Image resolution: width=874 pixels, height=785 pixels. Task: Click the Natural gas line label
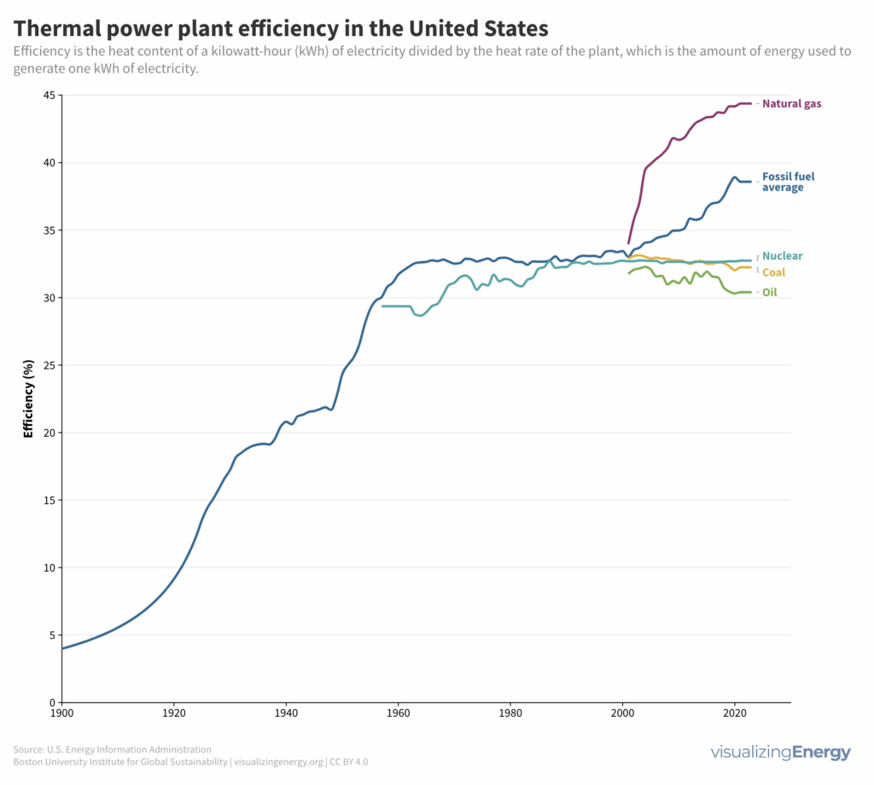[x=791, y=104]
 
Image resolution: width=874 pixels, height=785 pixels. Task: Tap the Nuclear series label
[x=782, y=256]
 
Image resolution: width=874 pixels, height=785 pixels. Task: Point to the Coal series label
[x=773, y=273]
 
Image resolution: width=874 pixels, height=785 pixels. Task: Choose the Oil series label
[x=769, y=293]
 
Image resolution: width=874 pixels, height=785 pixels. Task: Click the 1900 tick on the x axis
[x=61, y=712]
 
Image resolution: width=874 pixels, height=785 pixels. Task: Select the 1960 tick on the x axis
[x=398, y=712]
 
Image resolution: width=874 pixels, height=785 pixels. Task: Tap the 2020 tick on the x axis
[x=734, y=712]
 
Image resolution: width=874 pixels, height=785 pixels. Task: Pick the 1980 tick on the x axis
[x=510, y=712]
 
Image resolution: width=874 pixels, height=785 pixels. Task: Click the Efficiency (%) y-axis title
[x=28, y=398]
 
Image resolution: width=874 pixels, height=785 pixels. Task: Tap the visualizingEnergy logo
[x=780, y=753]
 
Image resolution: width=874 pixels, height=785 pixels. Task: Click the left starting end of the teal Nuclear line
[x=383, y=305]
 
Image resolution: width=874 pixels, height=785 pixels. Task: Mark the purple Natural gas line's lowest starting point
[x=629, y=243]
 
